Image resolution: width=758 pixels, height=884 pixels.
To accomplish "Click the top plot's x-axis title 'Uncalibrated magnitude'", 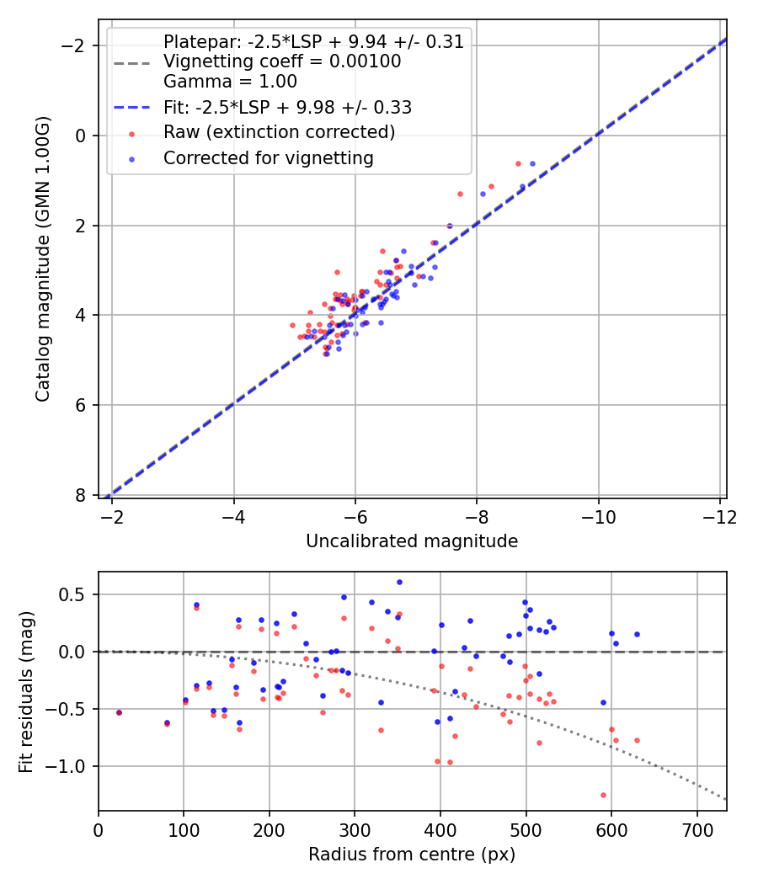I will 411,541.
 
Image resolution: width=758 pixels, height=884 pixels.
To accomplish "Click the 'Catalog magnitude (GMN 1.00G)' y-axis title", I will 43,258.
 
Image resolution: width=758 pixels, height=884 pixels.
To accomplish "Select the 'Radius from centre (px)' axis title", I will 411,855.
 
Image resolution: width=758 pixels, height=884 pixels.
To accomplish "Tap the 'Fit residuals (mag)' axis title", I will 26,691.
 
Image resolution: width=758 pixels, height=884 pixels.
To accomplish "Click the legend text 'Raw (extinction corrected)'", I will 279,132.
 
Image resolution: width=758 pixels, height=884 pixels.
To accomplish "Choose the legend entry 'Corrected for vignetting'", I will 268,157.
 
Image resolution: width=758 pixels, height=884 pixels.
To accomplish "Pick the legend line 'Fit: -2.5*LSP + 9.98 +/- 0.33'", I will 286,108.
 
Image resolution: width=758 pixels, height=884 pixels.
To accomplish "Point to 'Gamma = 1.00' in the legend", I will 230,82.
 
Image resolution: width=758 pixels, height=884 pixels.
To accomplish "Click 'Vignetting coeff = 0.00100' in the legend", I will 281,61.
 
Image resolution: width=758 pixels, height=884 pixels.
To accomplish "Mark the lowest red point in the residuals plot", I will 603,795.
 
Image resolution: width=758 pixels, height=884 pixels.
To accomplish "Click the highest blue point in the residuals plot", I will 399,582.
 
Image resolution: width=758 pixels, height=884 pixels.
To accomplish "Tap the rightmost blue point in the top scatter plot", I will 532,163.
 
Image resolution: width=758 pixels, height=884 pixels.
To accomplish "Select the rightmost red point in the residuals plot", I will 637,740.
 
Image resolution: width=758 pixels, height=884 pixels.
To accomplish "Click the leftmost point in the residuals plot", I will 119,712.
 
